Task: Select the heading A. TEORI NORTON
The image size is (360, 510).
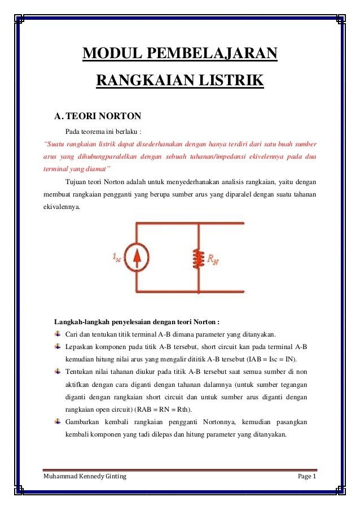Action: tap(97, 117)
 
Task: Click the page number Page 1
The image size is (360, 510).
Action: tap(308, 477)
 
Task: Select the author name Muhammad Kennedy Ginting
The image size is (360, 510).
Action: tap(85, 477)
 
